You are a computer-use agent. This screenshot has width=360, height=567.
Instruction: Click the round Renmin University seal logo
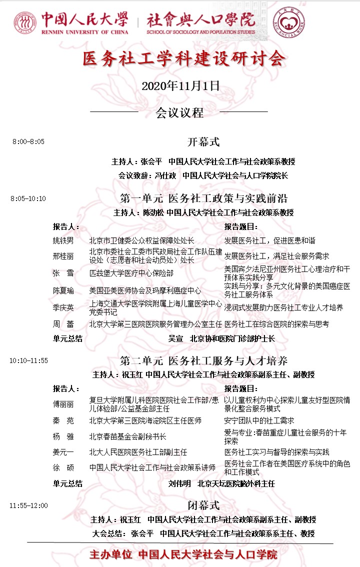25,23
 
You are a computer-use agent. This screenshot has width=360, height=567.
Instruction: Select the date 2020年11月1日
180,85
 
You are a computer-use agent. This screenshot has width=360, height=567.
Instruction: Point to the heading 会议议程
179,112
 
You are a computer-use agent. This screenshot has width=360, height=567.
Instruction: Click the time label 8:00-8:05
28,142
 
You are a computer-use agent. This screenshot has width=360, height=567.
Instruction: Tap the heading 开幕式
203,142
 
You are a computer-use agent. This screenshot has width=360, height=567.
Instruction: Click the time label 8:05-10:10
28,198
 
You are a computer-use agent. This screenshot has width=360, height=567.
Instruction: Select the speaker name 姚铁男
63,240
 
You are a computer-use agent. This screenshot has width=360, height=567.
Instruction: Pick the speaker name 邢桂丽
63,256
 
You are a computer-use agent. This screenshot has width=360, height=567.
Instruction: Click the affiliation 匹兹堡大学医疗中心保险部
131,273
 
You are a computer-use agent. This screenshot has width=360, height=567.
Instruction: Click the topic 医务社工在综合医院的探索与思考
276,324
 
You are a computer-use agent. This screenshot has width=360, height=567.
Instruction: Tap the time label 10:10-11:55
28,360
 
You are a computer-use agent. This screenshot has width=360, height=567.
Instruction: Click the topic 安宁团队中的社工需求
259,420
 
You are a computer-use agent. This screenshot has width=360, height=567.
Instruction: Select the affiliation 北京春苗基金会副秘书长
128,436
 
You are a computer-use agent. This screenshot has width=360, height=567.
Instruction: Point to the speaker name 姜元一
63,452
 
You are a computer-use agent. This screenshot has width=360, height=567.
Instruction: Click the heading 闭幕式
203,505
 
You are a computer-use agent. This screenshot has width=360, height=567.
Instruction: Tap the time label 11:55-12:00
28,505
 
